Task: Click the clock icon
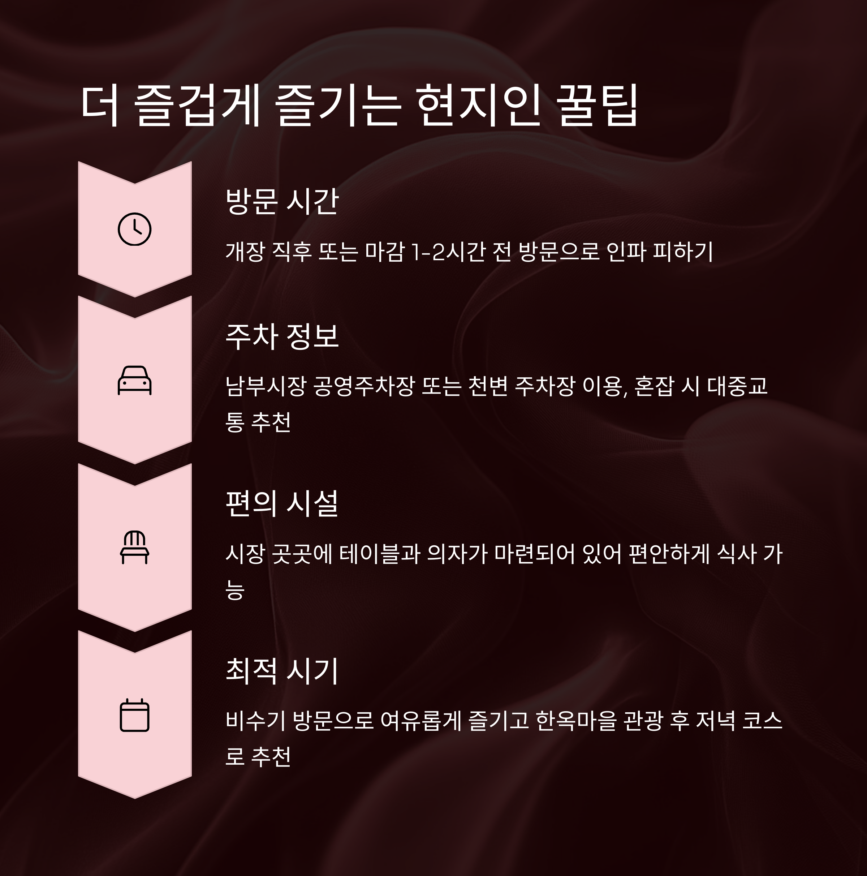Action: point(135,229)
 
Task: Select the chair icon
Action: point(135,547)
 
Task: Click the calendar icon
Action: point(135,715)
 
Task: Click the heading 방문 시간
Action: point(282,201)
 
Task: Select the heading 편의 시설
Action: point(282,503)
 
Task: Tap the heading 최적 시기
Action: point(282,671)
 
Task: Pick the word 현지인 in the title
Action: point(478,105)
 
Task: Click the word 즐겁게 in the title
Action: point(197,105)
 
